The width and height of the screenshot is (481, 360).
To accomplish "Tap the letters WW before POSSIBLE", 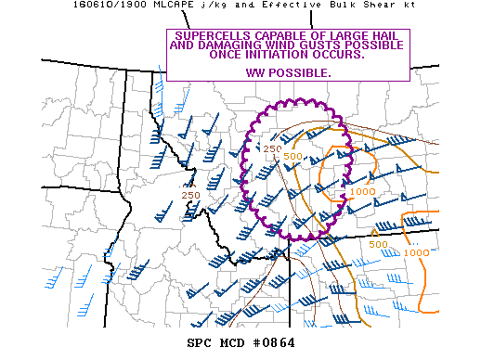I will tap(255, 72).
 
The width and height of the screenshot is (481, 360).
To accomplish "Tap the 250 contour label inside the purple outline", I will tap(272, 148).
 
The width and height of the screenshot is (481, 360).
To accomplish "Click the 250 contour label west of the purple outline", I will tap(190, 195).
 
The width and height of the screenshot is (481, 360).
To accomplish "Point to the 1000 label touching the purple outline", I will tap(363, 191).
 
